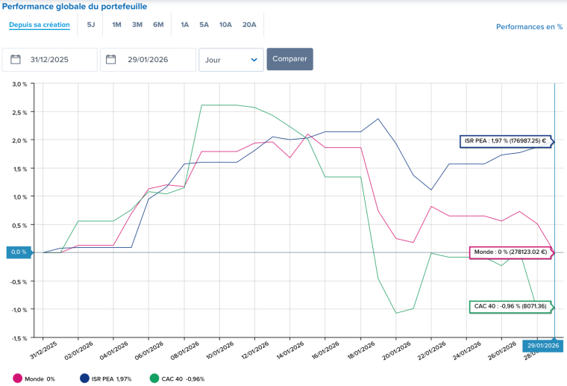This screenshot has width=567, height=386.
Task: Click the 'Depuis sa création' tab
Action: (40, 25)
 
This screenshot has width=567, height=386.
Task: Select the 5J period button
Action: (91, 25)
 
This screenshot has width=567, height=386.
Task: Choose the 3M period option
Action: (137, 25)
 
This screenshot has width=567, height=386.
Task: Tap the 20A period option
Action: (249, 25)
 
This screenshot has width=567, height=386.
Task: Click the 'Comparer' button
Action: (289, 59)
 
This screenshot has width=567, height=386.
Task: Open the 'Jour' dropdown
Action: (231, 60)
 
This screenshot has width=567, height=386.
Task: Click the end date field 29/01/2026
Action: (147, 60)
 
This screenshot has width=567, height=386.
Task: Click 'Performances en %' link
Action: (529, 27)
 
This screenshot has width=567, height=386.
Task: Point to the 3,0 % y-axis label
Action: (19, 84)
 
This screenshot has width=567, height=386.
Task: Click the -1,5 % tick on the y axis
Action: (19, 337)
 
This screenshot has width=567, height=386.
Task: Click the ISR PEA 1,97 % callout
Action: (505, 140)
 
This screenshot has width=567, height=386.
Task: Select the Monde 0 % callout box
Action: (510, 252)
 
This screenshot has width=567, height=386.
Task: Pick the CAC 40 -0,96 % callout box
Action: (510, 306)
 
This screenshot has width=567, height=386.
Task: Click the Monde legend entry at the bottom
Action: (34, 379)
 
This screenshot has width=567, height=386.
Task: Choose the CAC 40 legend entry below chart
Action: (177, 379)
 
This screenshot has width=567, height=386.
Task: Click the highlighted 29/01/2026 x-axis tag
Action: (542, 345)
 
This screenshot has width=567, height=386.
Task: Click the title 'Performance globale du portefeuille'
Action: (75, 7)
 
